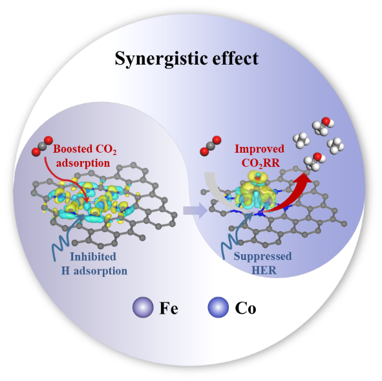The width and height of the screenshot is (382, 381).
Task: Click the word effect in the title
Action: [235, 58]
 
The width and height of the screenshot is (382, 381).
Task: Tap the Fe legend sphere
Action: [143, 307]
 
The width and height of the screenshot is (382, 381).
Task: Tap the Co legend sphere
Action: [218, 307]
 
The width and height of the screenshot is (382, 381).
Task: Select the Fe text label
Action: [169, 308]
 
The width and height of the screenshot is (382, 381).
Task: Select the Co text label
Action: [246, 308]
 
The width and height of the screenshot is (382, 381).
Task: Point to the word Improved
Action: [259, 149]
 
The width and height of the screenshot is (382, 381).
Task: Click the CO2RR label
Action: [260, 163]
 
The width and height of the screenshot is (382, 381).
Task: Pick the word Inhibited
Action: [93, 256]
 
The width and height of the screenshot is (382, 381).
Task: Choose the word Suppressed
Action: [262, 256]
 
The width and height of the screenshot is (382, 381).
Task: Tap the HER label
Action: [264, 270]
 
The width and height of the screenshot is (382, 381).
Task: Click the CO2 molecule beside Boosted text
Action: [42, 146]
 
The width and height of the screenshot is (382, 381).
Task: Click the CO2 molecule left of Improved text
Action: [211, 146]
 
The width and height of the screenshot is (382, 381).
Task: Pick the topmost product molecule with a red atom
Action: [323, 126]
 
